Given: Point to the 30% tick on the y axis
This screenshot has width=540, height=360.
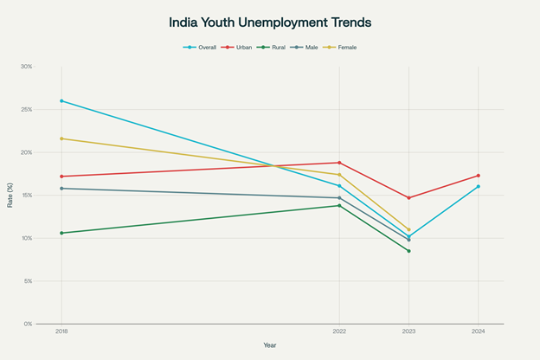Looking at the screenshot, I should pyautogui.click(x=27, y=67).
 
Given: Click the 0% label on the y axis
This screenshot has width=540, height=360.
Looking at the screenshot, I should pyautogui.click(x=28, y=324).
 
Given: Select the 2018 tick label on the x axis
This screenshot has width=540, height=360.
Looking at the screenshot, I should pyautogui.click(x=61, y=331).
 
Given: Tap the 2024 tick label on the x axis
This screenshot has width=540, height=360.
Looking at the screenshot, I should pyautogui.click(x=478, y=331).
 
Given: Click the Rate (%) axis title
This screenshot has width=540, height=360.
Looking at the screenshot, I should pyautogui.click(x=11, y=195).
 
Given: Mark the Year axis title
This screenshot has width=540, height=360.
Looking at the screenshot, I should pyautogui.click(x=271, y=345).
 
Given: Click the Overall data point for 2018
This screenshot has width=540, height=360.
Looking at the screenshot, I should pyautogui.click(x=61, y=101).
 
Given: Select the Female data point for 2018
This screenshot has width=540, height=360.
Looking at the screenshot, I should pyautogui.click(x=61, y=138).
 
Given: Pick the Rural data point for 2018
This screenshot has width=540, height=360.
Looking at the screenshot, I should pyautogui.click(x=61, y=233).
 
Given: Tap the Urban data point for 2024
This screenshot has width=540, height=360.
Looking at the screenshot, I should pyautogui.click(x=478, y=176).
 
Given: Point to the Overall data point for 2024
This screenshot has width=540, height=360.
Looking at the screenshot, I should pyautogui.click(x=478, y=186).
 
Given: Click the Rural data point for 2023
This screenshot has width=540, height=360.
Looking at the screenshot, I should pyautogui.click(x=408, y=251).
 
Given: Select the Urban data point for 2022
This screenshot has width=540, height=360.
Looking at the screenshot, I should pyautogui.click(x=339, y=163).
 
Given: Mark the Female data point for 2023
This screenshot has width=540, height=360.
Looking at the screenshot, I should pyautogui.click(x=408, y=229).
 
